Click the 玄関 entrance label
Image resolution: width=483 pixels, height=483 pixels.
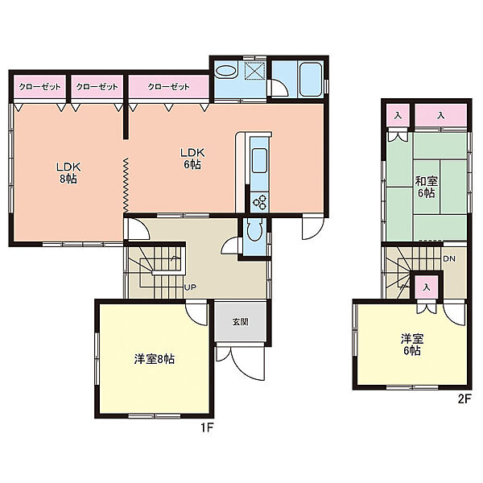coord(240,322)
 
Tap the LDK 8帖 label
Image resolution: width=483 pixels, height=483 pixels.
coord(68,173)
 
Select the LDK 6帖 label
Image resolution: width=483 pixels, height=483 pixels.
coord(192,159)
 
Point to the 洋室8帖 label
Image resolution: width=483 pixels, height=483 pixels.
coord(155,359)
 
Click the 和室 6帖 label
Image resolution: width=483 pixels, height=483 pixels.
coord(427,187)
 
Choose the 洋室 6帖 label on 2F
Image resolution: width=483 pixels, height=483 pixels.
coord(412,345)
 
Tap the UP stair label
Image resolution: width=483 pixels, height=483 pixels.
coord(190,287)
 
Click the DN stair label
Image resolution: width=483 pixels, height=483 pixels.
coord(449,258)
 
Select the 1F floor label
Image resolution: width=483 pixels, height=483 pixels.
coord(208,427)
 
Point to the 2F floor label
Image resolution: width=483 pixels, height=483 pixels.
coord(464,399)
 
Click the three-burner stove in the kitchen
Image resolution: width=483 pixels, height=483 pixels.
coord(260,202)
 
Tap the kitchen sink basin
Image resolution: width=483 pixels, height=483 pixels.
coord(260,160)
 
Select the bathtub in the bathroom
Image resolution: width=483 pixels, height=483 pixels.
coord(311,80)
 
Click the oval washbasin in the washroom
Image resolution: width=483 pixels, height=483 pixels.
coord(225,71)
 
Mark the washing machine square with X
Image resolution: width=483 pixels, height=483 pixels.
coord(254,71)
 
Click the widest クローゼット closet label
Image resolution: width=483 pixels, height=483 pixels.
coord(169,87)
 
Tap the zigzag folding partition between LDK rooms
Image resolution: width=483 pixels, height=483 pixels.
coord(126,185)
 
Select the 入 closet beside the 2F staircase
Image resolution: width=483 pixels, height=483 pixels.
coord(427,287)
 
